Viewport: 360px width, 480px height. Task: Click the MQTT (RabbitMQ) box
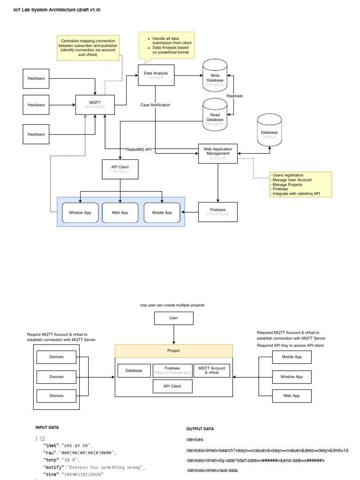coord(95,104)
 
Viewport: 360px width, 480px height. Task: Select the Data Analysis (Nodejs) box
coord(156,75)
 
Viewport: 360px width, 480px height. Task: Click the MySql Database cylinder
coord(269,134)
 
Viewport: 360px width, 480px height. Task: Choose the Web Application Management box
coord(217,153)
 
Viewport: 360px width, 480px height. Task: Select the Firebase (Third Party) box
coord(217,212)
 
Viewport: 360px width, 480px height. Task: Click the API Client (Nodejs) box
coord(120,169)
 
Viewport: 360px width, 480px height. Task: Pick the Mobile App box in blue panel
coord(161,212)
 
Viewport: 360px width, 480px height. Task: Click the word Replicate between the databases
coord(234,96)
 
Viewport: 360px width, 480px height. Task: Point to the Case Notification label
coord(155,105)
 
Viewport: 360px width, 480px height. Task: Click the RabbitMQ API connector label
coord(139,149)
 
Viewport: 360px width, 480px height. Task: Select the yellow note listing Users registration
coord(300,184)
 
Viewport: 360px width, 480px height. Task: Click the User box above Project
coord(173,318)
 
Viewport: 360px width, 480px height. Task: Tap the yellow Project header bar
coord(173,351)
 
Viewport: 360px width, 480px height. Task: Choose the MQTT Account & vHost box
coord(212,370)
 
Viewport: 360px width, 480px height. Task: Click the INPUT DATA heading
coord(47,427)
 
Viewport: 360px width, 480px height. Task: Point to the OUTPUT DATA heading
coord(200,429)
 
